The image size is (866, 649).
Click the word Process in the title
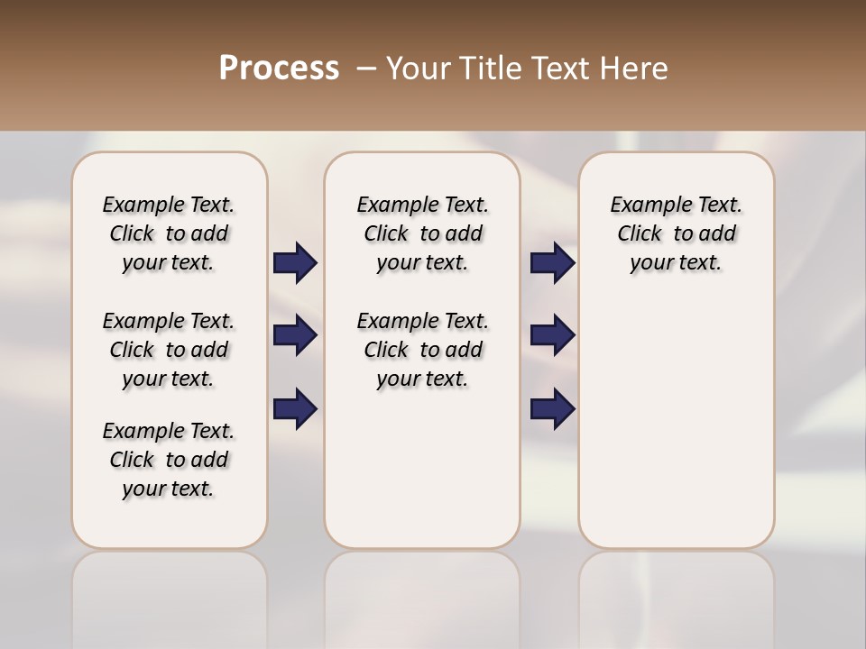tap(279, 69)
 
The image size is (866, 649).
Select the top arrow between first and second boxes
tap(295, 263)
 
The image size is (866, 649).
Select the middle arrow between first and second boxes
tap(295, 336)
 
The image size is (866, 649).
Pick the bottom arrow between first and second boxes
tap(295, 408)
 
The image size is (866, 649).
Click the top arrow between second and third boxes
tap(552, 263)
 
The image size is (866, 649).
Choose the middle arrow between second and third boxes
tap(552, 336)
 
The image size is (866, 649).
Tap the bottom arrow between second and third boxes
tap(552, 408)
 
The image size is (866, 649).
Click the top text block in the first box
tap(169, 233)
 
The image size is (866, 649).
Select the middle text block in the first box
tap(169, 350)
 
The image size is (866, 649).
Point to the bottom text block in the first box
tap(169, 460)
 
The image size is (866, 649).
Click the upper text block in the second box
tap(422, 233)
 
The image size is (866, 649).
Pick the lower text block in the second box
tap(422, 350)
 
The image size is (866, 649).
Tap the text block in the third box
tap(677, 233)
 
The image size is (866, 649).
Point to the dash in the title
tap(366, 69)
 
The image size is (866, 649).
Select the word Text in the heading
tap(559, 69)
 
